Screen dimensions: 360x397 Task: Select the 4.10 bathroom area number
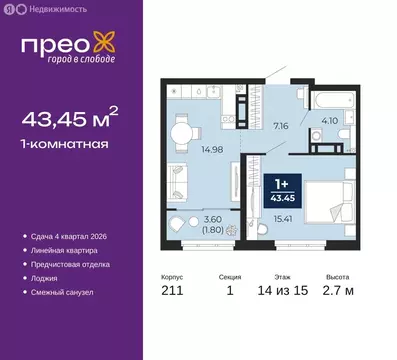click(328, 125)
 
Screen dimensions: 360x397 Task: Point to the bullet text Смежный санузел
click(65, 292)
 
